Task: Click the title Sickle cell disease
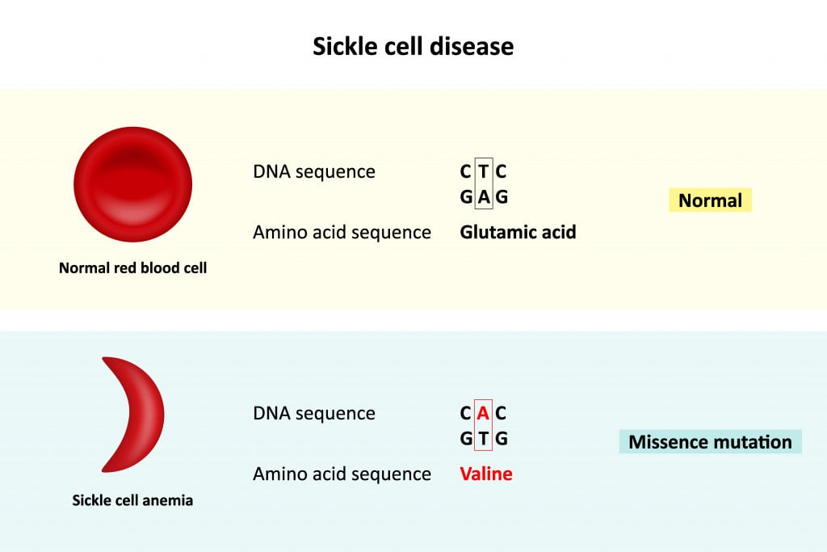pyautogui.click(x=413, y=46)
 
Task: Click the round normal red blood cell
pyautogui.click(x=132, y=184)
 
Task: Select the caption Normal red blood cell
pyautogui.click(x=132, y=268)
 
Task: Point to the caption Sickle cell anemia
pyautogui.click(x=132, y=500)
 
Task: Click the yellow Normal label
pyautogui.click(x=710, y=200)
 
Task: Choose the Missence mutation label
pyautogui.click(x=710, y=442)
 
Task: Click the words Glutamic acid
pyautogui.click(x=518, y=233)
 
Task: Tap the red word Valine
pyautogui.click(x=486, y=474)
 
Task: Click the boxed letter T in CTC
pyautogui.click(x=484, y=172)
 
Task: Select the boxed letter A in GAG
pyautogui.click(x=484, y=196)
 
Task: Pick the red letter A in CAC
pyautogui.click(x=484, y=414)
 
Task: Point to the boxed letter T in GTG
pyautogui.click(x=484, y=439)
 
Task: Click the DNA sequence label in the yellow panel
pyautogui.click(x=313, y=172)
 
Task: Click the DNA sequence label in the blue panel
pyautogui.click(x=313, y=414)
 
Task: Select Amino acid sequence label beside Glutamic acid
pyautogui.click(x=342, y=233)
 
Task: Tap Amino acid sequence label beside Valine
pyautogui.click(x=342, y=474)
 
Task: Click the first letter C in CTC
pyautogui.click(x=466, y=172)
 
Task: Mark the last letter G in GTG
pyautogui.click(x=502, y=439)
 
